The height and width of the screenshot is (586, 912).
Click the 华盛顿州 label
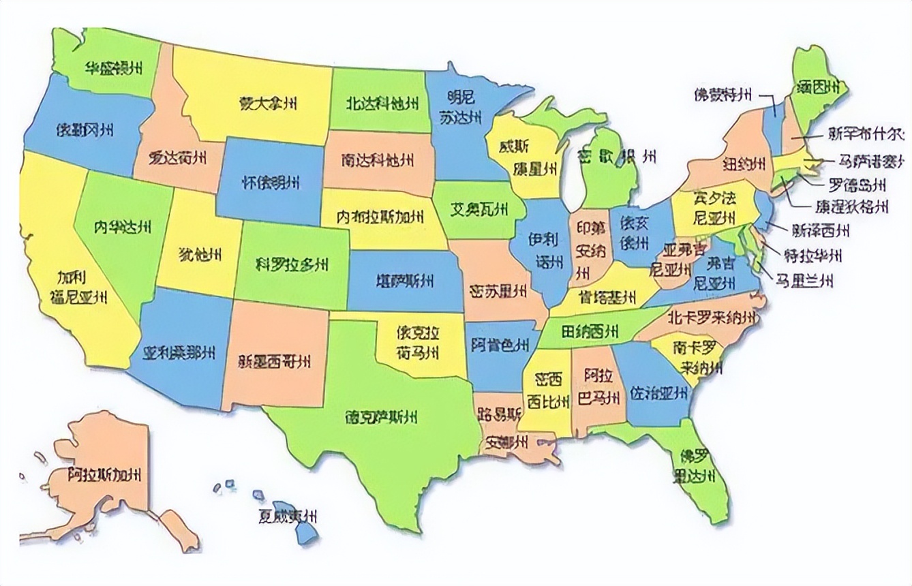pyautogui.click(x=112, y=69)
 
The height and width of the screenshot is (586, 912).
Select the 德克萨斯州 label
pyautogui.click(x=381, y=416)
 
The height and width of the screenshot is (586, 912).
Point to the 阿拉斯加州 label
pyautogui.click(x=105, y=475)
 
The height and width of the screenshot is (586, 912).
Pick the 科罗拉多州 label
pyautogui.click(x=292, y=264)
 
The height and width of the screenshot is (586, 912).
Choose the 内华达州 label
pyautogui.click(x=123, y=226)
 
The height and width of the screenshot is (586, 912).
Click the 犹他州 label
pyautogui.click(x=199, y=255)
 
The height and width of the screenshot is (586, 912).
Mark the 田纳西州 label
pyautogui.click(x=590, y=333)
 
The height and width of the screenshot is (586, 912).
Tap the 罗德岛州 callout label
pyautogui.click(x=857, y=184)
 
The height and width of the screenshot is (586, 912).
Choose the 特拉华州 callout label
pyautogui.click(x=812, y=256)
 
